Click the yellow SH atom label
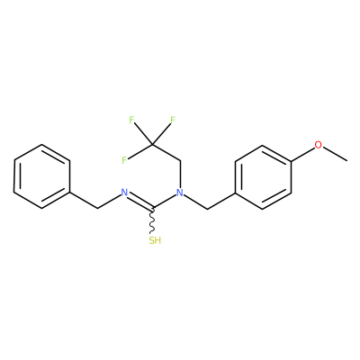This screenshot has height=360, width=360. [155, 240]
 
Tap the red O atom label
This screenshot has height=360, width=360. [318, 145]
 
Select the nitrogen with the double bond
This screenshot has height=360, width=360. [124, 193]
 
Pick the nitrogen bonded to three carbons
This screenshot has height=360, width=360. [180, 193]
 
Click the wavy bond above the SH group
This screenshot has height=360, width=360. [152, 220]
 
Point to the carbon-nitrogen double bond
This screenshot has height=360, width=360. [140, 201]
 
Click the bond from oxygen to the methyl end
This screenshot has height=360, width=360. [335, 154]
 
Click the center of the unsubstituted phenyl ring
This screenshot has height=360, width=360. [42, 176]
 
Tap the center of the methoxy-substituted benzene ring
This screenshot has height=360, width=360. [263, 177]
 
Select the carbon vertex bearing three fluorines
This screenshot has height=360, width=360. [152, 145]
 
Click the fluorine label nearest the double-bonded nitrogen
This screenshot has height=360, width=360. [124, 160]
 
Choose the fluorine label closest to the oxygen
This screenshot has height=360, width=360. [173, 120]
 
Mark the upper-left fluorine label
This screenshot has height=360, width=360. [131, 120]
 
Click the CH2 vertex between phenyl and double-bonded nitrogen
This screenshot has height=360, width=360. [97, 208]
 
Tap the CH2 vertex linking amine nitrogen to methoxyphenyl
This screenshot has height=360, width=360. [208, 209]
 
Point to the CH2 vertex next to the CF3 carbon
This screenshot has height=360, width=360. [180, 161]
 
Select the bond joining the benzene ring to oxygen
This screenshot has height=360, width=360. [302, 154]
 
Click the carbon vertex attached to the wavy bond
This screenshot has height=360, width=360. [152, 208]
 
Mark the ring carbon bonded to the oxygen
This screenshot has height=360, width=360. [291, 161]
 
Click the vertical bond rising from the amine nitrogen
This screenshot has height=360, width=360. [180, 175]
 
